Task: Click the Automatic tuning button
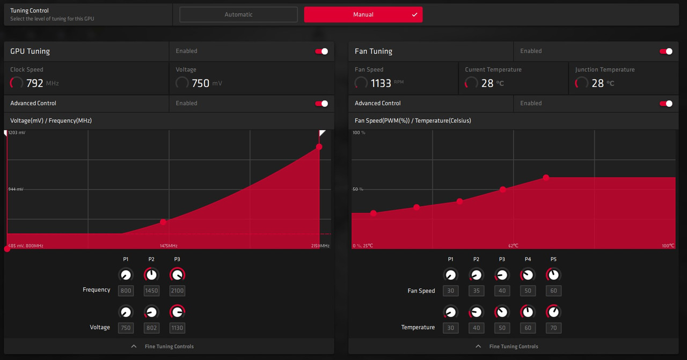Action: [238, 14]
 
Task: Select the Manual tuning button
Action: [363, 14]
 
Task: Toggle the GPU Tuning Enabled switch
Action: [321, 52]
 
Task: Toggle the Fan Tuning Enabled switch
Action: [666, 52]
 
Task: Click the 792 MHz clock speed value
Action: [34, 83]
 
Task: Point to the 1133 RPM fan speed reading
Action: [381, 83]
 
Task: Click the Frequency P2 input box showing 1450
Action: [151, 291]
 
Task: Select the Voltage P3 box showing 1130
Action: [177, 328]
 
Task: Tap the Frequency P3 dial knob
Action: [177, 275]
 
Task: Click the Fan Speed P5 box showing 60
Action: [553, 291]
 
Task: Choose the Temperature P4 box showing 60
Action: [528, 328]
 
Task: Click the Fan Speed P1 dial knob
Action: [450, 275]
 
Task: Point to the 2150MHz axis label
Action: [320, 246]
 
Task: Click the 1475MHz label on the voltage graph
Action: [169, 246]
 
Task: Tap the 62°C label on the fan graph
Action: [514, 246]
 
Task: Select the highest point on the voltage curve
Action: [319, 146]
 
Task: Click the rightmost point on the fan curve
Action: [546, 178]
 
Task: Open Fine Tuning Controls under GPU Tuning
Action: [169, 347]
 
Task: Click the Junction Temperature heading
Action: [605, 70]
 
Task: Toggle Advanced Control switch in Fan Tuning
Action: [666, 104]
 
